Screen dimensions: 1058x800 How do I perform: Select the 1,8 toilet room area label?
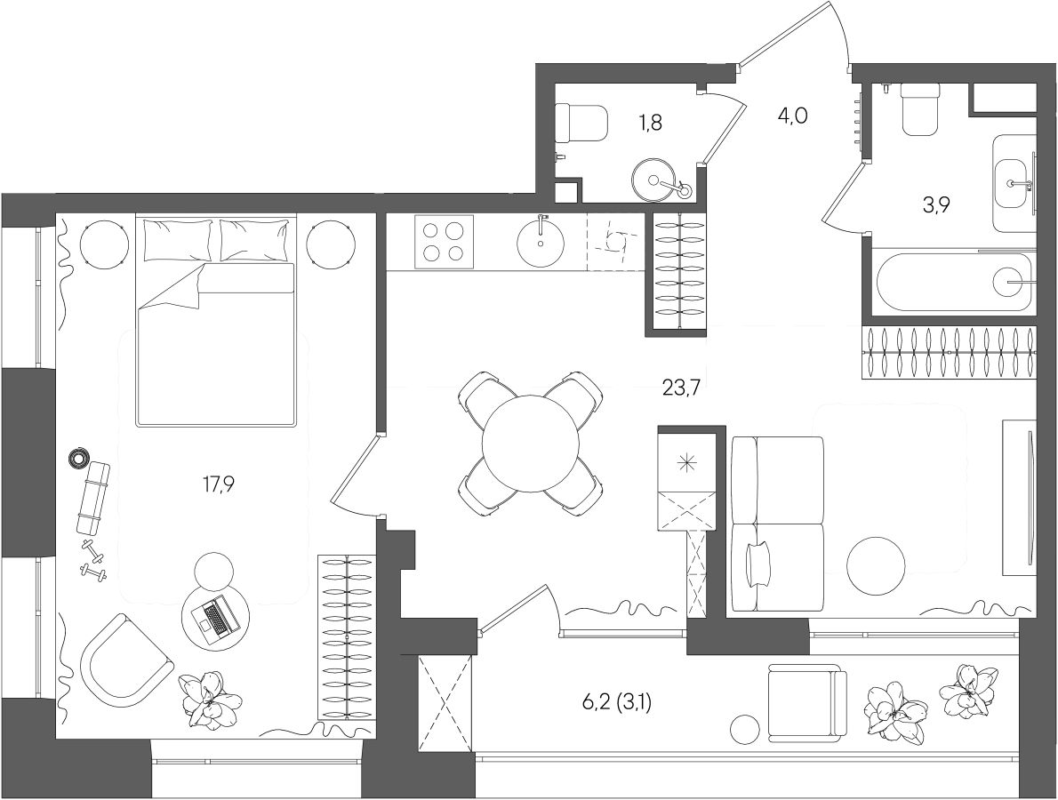pos(650,123)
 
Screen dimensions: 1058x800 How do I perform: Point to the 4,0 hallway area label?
pos(792,116)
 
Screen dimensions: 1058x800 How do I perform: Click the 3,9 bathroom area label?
pos(936,205)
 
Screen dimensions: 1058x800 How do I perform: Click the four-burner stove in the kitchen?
pos(444,243)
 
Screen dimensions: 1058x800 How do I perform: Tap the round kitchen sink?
pos(541,241)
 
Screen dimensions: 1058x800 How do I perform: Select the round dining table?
pos(531,445)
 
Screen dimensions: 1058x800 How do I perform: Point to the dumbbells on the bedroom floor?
pos(92,559)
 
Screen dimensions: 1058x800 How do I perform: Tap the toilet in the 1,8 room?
pos(581,122)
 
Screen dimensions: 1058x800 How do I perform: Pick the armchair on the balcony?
pos(806,702)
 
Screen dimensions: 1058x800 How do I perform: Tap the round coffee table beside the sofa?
pos(876,565)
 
